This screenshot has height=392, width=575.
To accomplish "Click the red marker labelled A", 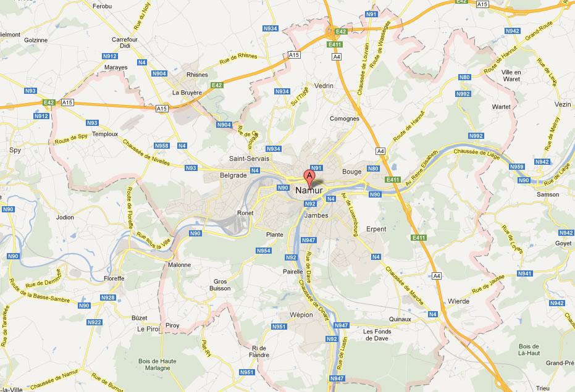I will pos(310,177).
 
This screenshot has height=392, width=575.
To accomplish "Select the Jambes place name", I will pos(316,215).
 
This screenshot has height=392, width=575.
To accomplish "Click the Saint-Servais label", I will pos(249,159).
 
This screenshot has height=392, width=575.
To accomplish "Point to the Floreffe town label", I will pos(115,278).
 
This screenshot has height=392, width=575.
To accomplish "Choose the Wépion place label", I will pos(301,314).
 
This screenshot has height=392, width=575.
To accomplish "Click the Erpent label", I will pos(376,229).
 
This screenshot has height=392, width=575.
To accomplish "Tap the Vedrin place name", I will pos(324,86).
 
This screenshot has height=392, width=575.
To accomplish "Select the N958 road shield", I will pos(161,146).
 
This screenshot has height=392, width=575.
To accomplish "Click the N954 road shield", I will pos(264,251).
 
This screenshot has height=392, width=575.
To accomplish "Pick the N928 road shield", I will pos(107,298).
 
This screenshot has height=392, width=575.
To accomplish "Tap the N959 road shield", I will pos(517,167).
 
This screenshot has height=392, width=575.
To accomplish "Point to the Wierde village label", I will pos(458,301).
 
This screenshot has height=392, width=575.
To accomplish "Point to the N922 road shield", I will pos(94,322).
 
